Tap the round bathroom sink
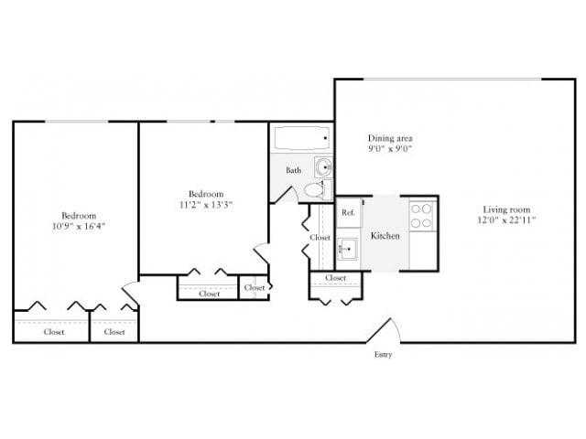click(x=323, y=167)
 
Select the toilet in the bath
click(x=314, y=190)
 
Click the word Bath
click(x=293, y=170)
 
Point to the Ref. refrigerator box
click(x=348, y=212)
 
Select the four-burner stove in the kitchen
click(x=420, y=215)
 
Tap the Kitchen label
click(x=385, y=236)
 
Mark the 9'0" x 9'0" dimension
click(x=390, y=148)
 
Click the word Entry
click(x=383, y=355)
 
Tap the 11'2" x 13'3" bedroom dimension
click(x=205, y=206)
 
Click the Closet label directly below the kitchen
click(x=335, y=278)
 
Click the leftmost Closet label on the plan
click(x=53, y=332)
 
